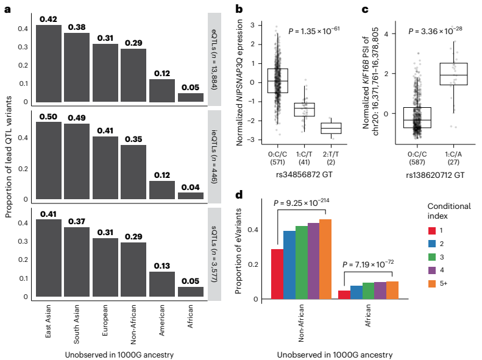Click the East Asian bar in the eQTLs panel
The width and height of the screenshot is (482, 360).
coord(48,65)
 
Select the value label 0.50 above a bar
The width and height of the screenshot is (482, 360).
coord(48,117)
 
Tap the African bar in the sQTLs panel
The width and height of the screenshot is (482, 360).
coord(190,292)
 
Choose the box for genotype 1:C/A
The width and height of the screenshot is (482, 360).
coord(453,74)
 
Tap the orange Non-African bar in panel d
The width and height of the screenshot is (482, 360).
coord(325,259)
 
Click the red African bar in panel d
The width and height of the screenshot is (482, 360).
coord(344,295)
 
